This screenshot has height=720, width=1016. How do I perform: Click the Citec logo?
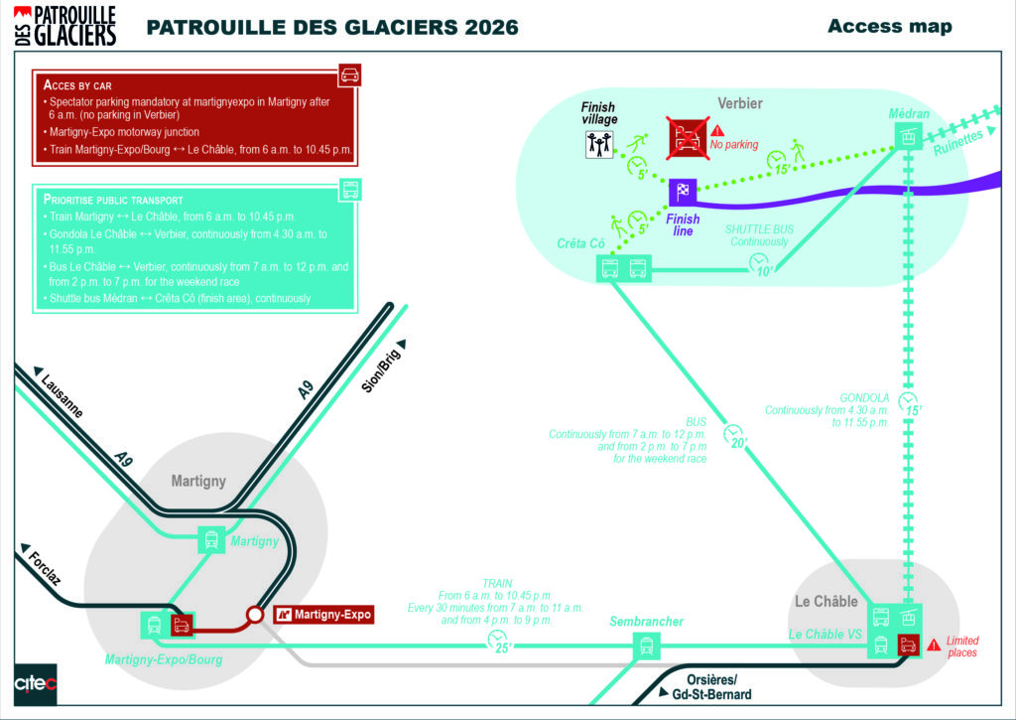35,684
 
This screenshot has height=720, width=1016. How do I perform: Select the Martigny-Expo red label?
323,615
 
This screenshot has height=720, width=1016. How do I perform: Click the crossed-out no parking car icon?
686,138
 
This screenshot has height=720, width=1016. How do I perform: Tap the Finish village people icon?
598,145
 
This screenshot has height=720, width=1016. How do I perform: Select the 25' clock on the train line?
498,642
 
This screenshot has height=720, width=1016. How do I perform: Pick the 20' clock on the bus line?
734,436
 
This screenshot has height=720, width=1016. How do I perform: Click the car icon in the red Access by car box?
348,74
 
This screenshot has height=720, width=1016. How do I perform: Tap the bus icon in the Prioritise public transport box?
349,190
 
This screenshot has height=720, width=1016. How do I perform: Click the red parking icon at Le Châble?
908,644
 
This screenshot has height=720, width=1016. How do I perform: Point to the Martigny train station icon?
211,539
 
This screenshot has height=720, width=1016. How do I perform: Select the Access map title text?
889,26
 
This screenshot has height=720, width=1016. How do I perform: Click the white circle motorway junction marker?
255,615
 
